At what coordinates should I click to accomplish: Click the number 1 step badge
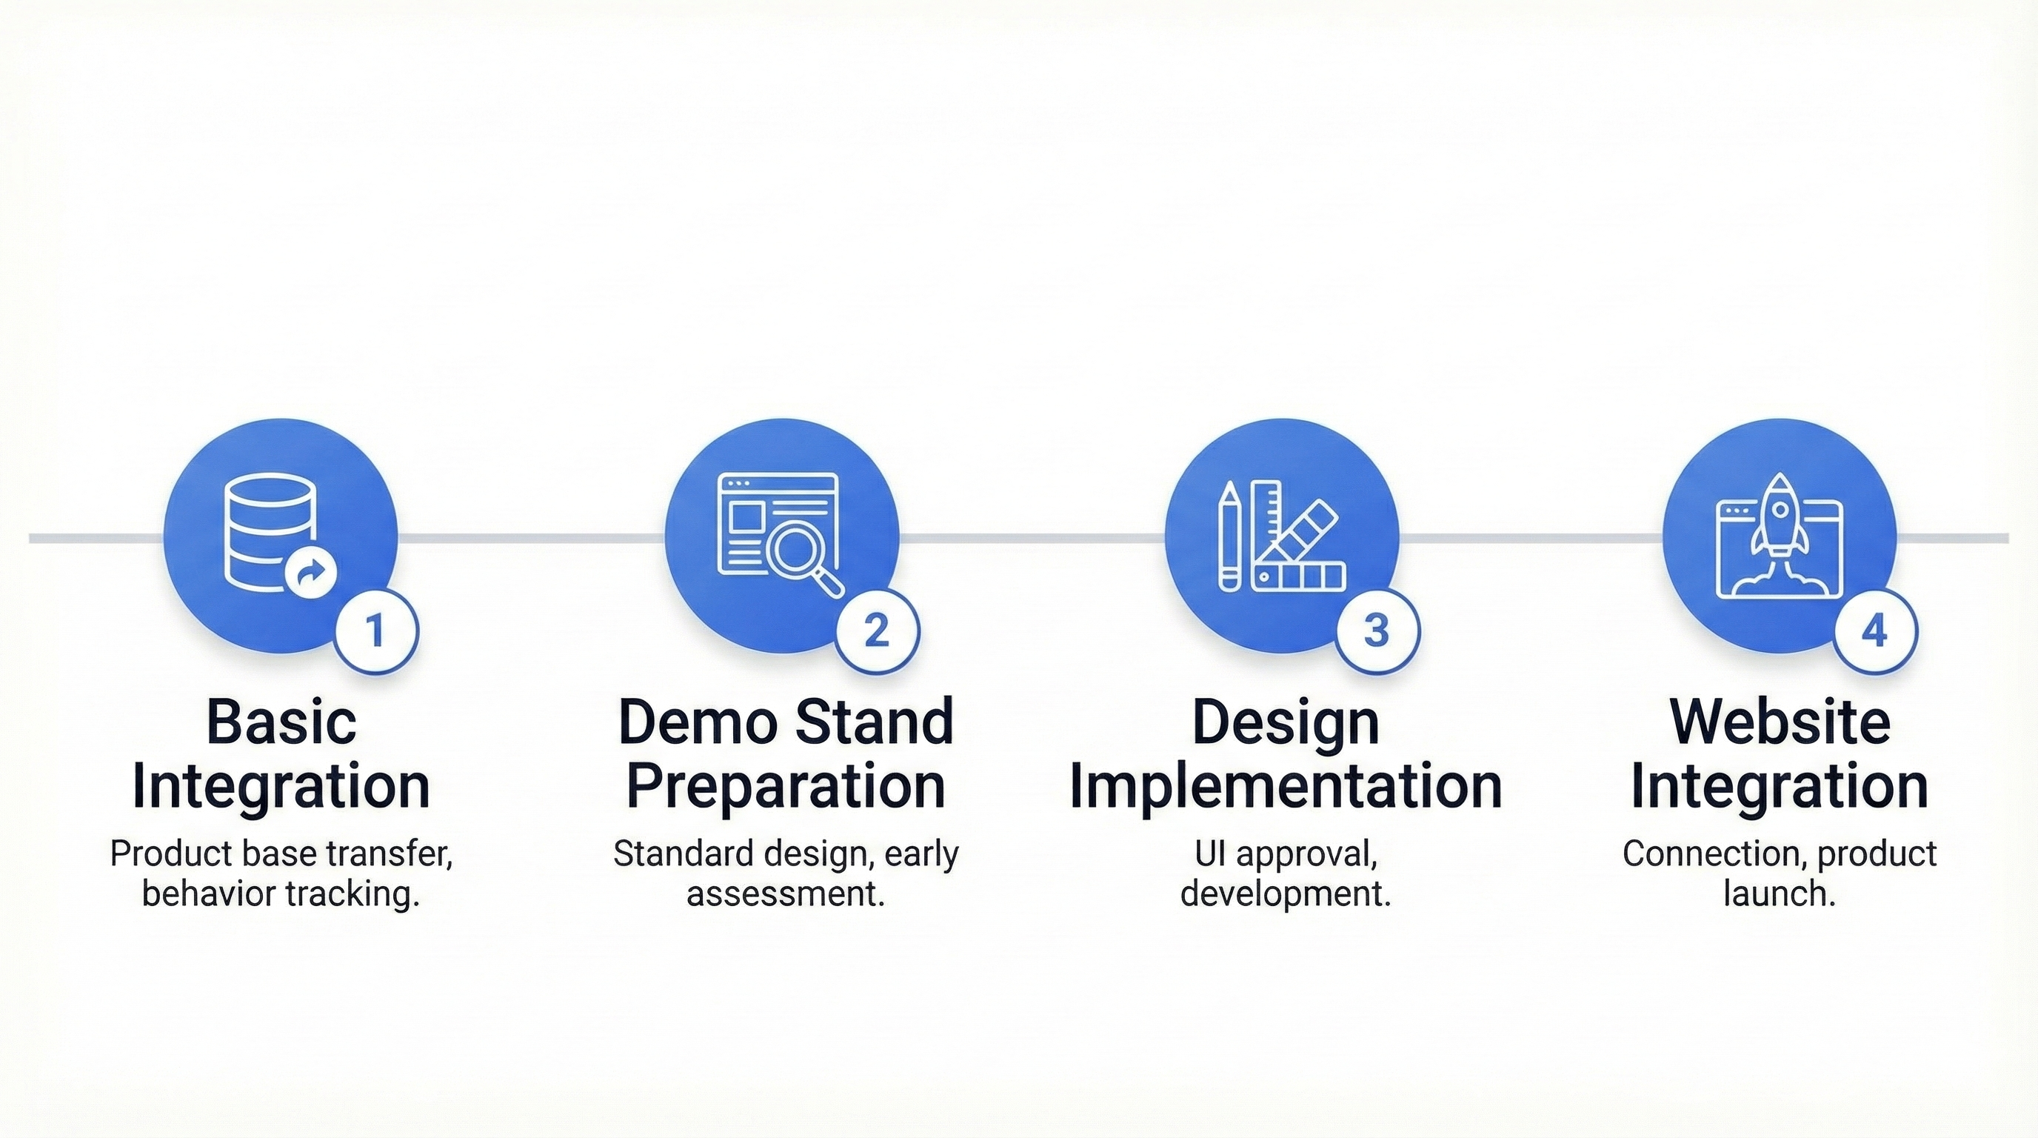(x=375, y=630)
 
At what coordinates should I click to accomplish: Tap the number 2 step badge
(x=877, y=630)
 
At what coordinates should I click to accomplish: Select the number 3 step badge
(x=1377, y=630)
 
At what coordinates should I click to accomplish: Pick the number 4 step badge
(x=1875, y=630)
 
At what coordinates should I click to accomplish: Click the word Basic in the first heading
(x=281, y=722)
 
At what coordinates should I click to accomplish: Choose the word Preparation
(x=786, y=786)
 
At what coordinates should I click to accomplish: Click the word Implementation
(x=1286, y=786)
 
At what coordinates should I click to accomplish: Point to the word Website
(x=1780, y=722)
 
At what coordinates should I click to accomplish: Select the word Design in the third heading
(x=1286, y=723)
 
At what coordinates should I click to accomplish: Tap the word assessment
(x=786, y=894)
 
